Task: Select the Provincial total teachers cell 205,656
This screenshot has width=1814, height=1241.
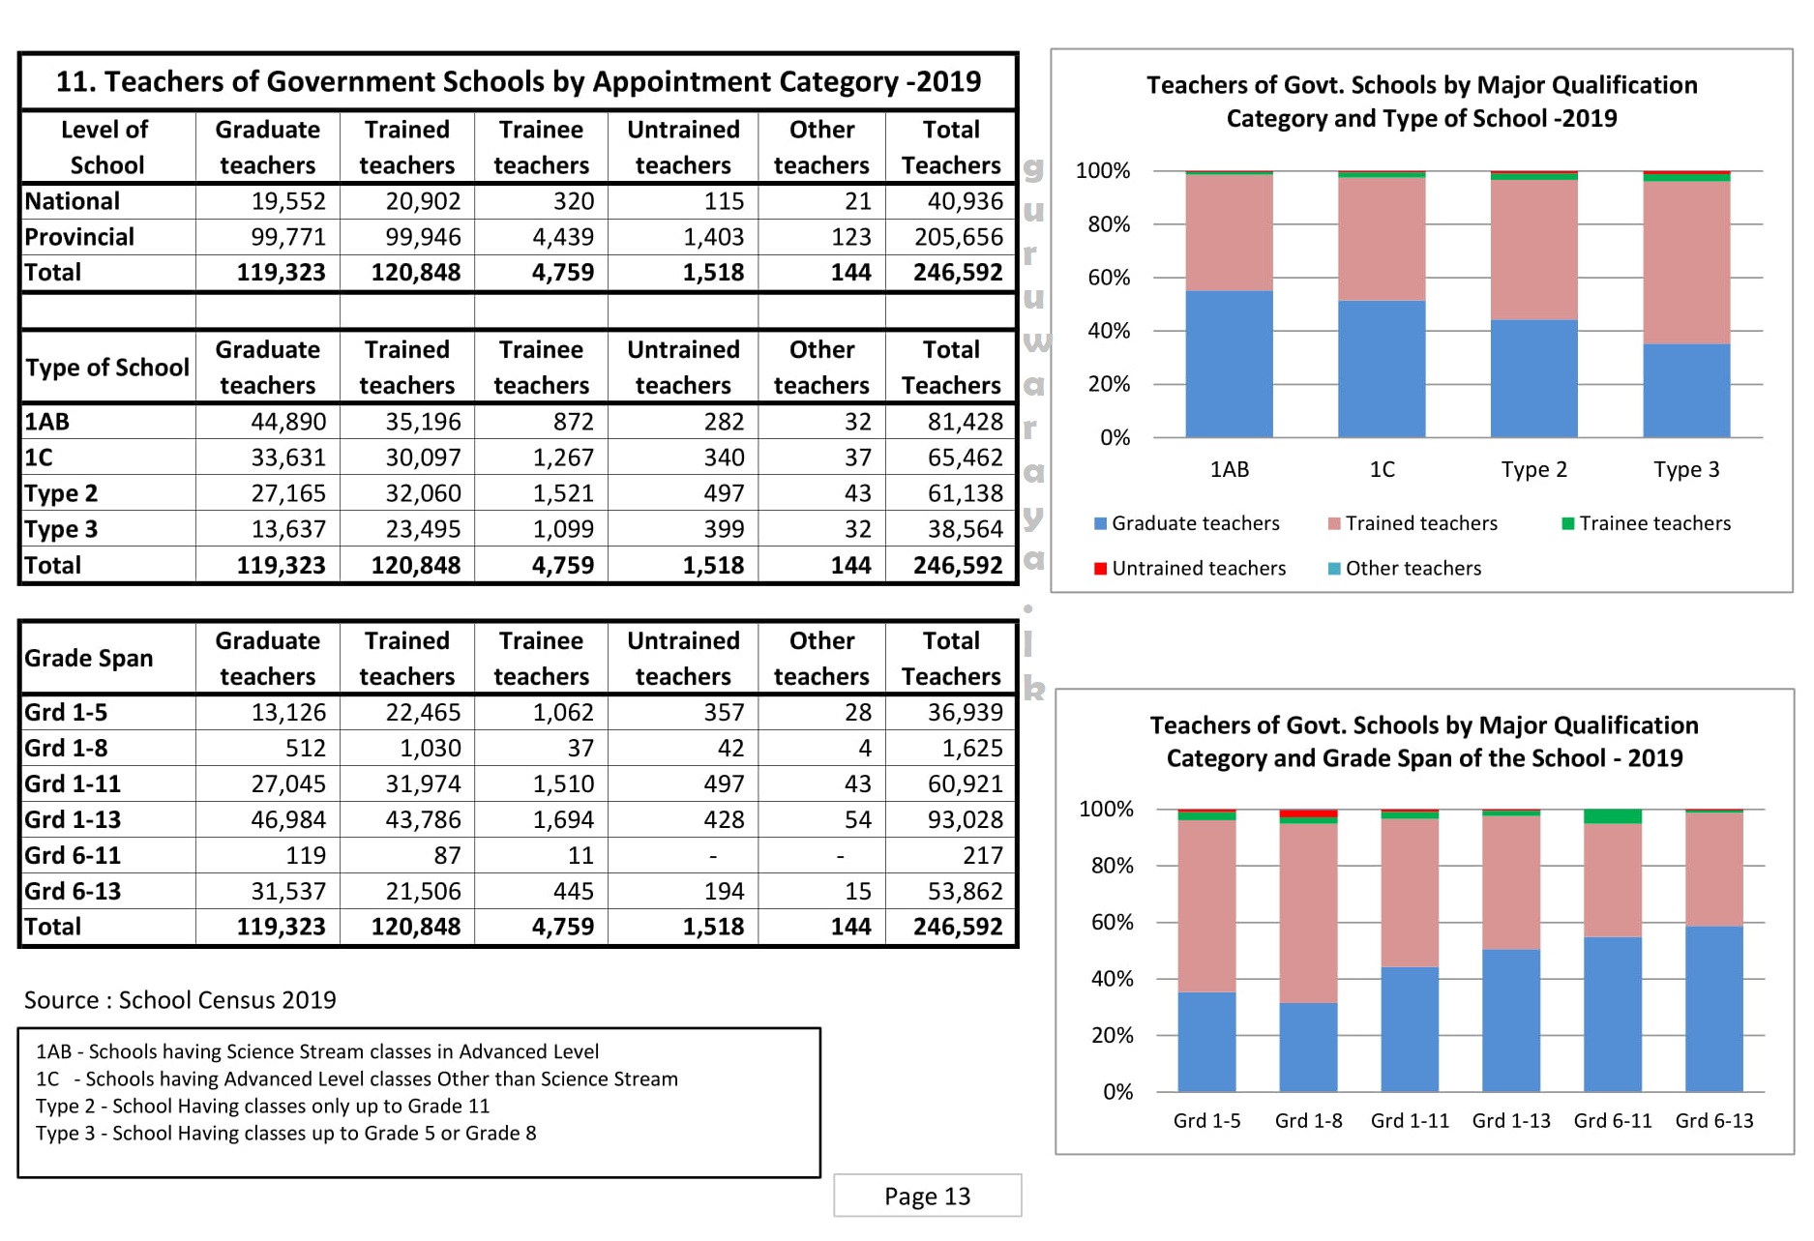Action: (x=958, y=237)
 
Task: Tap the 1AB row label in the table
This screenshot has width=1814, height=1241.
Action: (x=47, y=422)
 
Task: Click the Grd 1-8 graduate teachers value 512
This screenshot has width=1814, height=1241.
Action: (x=305, y=748)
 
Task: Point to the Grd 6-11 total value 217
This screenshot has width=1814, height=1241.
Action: (x=982, y=855)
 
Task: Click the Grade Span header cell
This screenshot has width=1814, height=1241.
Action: (x=89, y=658)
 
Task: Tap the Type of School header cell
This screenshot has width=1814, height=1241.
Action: (x=106, y=368)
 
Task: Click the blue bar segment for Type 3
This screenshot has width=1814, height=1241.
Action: (x=1685, y=391)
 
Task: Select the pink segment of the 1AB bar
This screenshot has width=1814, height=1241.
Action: (x=1229, y=232)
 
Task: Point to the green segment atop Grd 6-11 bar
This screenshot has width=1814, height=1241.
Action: (x=1612, y=816)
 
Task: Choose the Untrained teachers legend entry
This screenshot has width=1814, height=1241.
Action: (x=1198, y=569)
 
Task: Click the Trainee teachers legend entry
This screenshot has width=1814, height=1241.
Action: (x=1653, y=523)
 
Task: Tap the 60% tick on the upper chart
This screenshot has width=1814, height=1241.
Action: (x=1109, y=279)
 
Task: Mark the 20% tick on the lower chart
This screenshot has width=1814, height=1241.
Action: (x=1112, y=1036)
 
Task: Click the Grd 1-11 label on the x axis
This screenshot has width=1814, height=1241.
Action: (x=1410, y=1121)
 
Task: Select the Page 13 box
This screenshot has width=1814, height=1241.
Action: (x=927, y=1197)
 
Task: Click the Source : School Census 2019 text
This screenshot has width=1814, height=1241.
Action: (x=180, y=1000)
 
